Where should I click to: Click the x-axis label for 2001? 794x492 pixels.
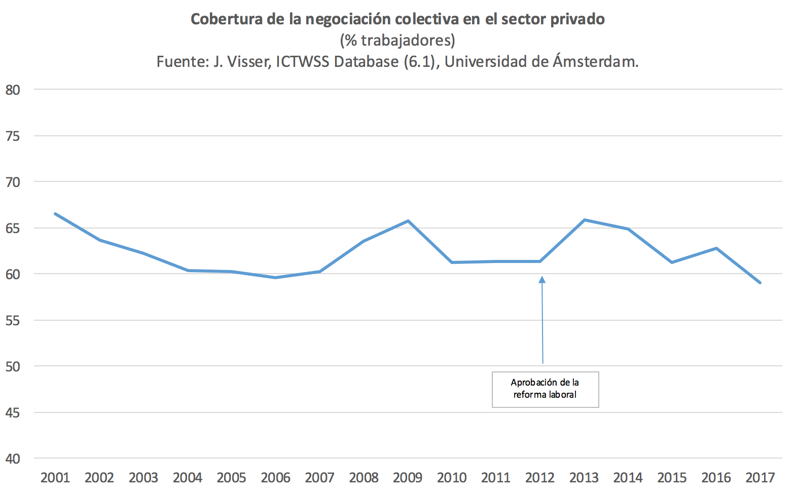pyautogui.click(x=55, y=477)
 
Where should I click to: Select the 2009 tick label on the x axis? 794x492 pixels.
pyautogui.click(x=408, y=477)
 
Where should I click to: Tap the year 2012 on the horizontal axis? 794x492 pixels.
pyautogui.click(x=540, y=477)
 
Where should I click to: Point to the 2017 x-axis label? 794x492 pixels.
pyautogui.click(x=760, y=477)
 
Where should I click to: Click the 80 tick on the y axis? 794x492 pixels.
pyautogui.click(x=13, y=90)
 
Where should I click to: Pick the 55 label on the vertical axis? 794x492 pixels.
pyautogui.click(x=13, y=321)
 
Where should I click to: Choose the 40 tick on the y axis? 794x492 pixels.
pyautogui.click(x=13, y=459)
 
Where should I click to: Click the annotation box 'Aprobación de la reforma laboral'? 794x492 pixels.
pyautogui.click(x=545, y=389)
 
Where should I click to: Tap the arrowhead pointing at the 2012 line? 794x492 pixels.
pyautogui.click(x=542, y=279)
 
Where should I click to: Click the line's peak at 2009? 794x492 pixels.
pyautogui.click(x=408, y=221)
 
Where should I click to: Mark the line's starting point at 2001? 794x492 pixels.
pyautogui.click(x=55, y=214)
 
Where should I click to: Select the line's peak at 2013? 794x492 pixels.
pyautogui.click(x=585, y=220)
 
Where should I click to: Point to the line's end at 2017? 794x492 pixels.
pyautogui.click(x=760, y=283)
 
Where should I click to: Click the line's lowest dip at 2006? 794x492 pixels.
pyautogui.click(x=275, y=278)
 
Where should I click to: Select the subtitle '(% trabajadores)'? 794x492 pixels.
pyautogui.click(x=398, y=40)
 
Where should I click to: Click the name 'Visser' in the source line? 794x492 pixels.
pyautogui.click(x=248, y=62)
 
